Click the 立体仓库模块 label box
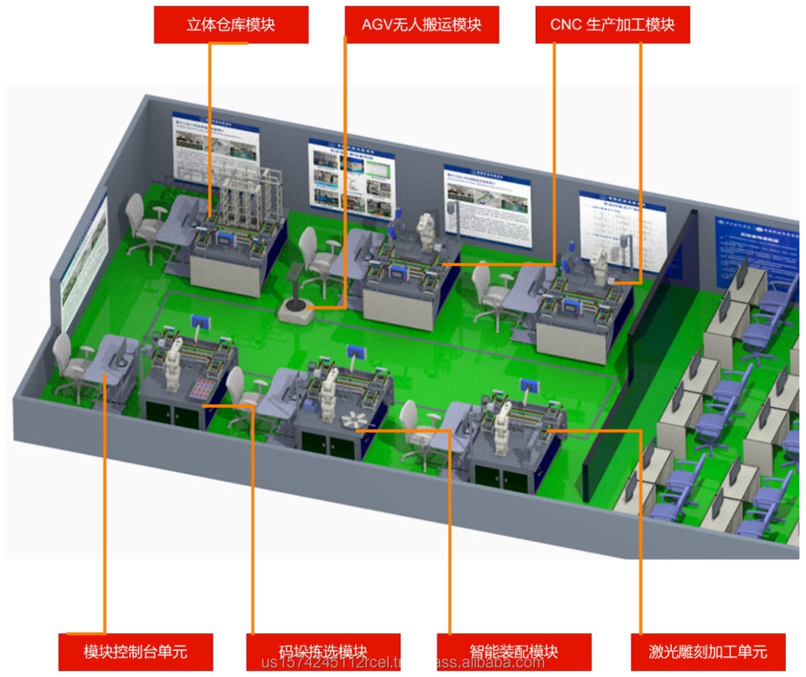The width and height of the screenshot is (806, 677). tap(231, 24)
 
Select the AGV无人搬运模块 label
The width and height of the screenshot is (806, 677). tap(421, 24)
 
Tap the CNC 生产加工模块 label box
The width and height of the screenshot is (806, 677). tap(612, 24)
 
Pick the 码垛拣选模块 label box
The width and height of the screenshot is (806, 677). tap(323, 652)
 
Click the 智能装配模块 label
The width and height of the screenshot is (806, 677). tap(514, 652)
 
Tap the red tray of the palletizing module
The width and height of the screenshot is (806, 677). tap(201, 390)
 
